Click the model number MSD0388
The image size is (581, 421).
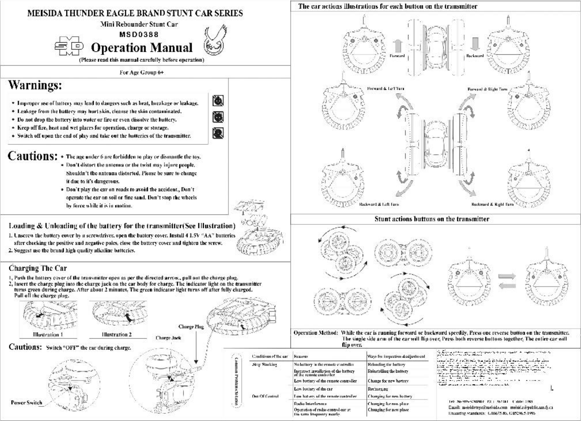pos(139,35)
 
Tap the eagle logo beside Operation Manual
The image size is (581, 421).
pos(214,41)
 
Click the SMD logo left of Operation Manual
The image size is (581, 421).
pos(70,46)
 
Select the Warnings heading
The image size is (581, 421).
pos(35,85)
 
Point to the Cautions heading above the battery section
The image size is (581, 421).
pos(33,156)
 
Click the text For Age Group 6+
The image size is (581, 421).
pos(142,72)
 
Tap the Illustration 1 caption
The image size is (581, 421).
pos(48,335)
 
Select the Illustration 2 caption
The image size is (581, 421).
pos(117,335)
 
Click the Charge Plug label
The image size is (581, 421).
pos(191,327)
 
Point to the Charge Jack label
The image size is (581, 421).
pos(168,338)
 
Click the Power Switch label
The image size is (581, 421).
pos(26,403)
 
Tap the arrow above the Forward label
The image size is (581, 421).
pos(398,46)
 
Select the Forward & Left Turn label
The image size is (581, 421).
pos(385,89)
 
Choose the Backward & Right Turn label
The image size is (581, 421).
pos(492,205)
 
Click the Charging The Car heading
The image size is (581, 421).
pos(38,268)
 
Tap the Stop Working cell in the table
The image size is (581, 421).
pos(265,364)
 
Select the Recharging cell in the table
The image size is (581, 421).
pos(378,389)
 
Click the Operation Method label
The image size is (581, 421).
pos(316,333)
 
